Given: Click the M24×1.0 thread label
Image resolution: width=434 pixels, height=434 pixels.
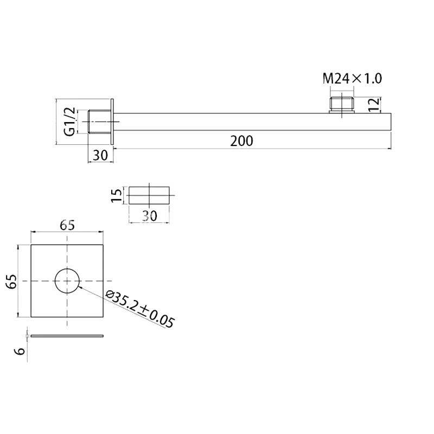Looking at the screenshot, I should click(353, 78).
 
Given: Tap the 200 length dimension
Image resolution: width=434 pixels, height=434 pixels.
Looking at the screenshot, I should click(241, 141).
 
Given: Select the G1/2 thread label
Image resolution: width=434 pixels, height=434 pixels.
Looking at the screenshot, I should click(69, 122).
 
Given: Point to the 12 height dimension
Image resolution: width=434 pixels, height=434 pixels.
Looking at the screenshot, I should click(374, 104).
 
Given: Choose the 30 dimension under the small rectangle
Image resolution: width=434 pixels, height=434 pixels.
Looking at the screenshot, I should click(149, 215).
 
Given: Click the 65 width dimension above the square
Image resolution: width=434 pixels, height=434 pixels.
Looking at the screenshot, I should click(67, 225).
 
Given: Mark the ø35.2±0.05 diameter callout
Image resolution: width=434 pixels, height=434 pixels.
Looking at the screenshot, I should click(140, 309).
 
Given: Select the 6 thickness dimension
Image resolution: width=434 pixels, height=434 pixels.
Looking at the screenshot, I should click(21, 351).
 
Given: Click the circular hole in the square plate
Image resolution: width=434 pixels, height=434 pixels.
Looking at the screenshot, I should click(67, 280).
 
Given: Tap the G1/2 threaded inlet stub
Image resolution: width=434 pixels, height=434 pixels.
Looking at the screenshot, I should click(99, 122).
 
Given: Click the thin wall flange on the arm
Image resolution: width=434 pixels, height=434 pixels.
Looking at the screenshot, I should click(112, 122).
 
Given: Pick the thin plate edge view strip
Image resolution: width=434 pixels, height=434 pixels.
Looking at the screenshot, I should click(67, 336).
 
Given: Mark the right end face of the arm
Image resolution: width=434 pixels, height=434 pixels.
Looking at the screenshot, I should click(391, 122).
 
